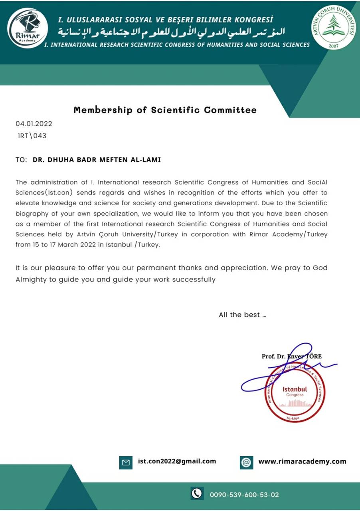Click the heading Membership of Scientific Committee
pyautogui.click(x=165, y=110)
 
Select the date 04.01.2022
pyautogui.click(x=34, y=124)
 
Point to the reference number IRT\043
pyautogui.click(x=32, y=136)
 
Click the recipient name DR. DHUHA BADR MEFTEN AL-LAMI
pyautogui.click(x=97, y=160)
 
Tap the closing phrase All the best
pyautogui.click(x=242, y=315)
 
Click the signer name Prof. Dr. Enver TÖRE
pyautogui.click(x=291, y=356)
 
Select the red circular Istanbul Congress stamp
pyautogui.click(x=295, y=393)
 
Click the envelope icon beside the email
pyautogui.click(x=126, y=462)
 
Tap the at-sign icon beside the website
pyautogui.click(x=247, y=462)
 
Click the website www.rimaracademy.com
pyautogui.click(x=302, y=461)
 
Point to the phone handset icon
pyautogui.click(x=197, y=494)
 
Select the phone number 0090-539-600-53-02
pyautogui.click(x=244, y=495)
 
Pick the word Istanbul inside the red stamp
pyautogui.click(x=295, y=389)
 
